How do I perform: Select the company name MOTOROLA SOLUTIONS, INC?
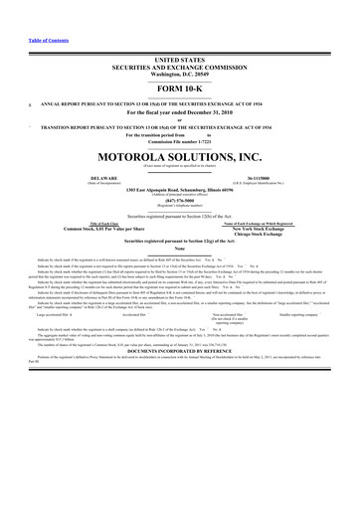pos(179,157)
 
